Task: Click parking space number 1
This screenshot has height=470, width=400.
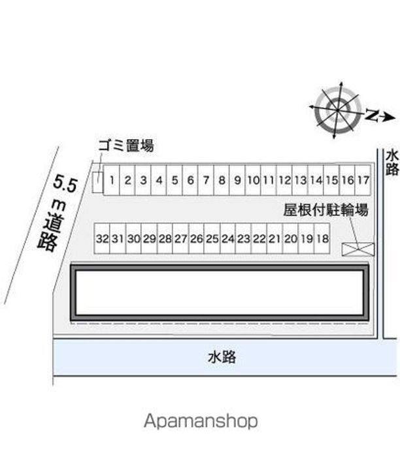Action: [x=112, y=180]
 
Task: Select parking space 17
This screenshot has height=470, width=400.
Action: [x=363, y=180]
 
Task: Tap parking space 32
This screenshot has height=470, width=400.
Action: [x=102, y=239]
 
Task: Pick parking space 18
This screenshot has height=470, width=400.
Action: [x=322, y=239]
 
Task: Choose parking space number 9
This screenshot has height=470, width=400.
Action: [x=237, y=180]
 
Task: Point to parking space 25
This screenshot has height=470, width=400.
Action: [x=212, y=239]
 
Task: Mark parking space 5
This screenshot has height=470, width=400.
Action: [x=175, y=180]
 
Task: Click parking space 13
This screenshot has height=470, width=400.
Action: [x=300, y=180]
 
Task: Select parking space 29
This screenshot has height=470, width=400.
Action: [x=149, y=239]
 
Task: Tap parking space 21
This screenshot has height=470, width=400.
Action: [x=275, y=239]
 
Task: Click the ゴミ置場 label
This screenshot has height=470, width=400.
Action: [x=126, y=146]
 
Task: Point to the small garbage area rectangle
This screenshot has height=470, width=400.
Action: [x=97, y=183]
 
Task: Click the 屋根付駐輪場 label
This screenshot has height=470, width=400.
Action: [x=326, y=210]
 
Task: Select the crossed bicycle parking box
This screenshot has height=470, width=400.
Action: [x=358, y=249]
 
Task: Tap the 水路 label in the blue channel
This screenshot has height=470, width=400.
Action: [x=222, y=357]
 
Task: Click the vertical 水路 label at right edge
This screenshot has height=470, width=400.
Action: [x=392, y=163]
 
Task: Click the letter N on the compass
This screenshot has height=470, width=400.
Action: [x=372, y=116]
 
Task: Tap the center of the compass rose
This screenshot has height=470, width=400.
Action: [x=337, y=110]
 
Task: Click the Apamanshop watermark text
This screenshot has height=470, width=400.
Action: [x=201, y=421]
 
